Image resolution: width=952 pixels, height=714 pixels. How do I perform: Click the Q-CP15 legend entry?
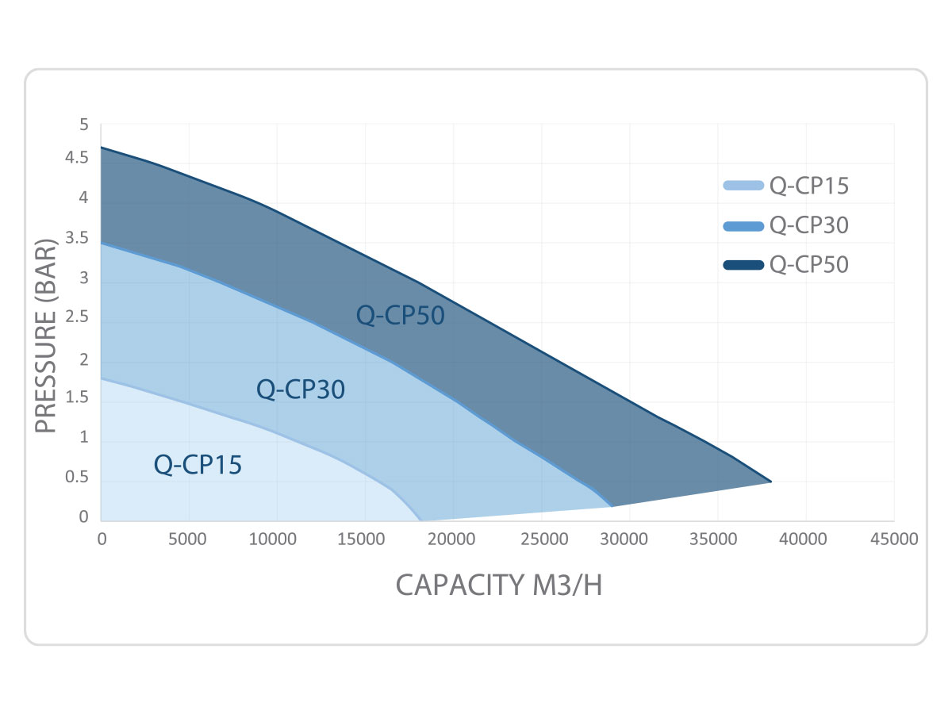click(785, 186)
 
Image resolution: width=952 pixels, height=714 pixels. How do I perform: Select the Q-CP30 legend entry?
click(785, 225)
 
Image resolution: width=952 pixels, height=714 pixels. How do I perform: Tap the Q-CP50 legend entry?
click(785, 264)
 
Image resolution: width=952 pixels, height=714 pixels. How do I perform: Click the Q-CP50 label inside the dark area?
click(400, 316)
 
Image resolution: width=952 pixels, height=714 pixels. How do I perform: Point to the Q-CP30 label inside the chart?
click(301, 390)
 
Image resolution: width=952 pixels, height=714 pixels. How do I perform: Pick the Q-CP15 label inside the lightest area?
click(198, 465)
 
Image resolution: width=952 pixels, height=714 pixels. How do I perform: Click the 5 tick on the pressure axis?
click(83, 125)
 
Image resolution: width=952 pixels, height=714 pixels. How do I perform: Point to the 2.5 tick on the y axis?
click(78, 319)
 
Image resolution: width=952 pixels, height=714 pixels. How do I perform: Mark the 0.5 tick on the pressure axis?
click(78, 478)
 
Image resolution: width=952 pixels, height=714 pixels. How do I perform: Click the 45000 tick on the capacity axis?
click(894, 539)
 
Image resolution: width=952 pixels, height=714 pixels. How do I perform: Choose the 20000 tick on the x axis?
click(453, 539)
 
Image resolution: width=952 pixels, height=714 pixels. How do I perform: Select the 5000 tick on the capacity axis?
click(189, 539)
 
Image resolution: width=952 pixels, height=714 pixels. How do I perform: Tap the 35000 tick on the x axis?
click(718, 539)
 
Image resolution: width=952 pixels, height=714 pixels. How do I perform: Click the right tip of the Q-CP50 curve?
click(771, 482)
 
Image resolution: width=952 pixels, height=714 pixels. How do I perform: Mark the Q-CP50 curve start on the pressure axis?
click(102, 148)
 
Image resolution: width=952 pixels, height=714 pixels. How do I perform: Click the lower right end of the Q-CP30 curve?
click(611, 506)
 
